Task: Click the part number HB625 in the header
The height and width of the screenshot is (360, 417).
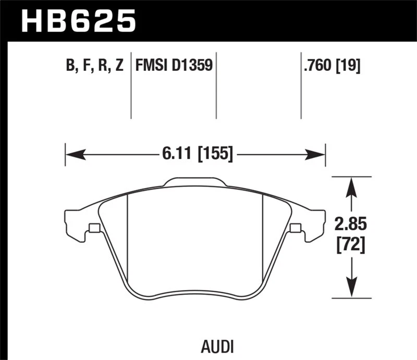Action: pyautogui.click(x=78, y=22)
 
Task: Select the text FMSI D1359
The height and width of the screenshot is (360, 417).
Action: pyautogui.click(x=173, y=66)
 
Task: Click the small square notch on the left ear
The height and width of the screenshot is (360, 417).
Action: pyautogui.click(x=94, y=228)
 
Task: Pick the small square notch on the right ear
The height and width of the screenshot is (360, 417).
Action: pyautogui.click(x=295, y=228)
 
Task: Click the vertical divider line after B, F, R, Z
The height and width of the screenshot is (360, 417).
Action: pyautogui.click(x=131, y=86)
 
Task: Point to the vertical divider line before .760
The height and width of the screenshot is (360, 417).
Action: pyautogui.click(x=301, y=86)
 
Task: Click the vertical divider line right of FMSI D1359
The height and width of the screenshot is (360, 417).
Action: pyautogui.click(x=216, y=86)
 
